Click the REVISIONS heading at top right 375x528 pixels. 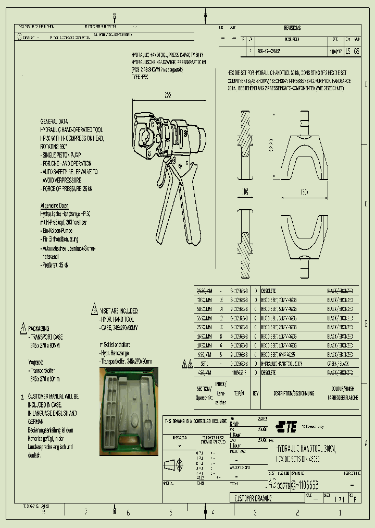tap(292, 28)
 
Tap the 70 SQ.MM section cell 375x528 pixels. tap(205, 300)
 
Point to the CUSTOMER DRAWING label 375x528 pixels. tap(253, 498)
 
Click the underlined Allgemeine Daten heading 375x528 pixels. tap(54, 206)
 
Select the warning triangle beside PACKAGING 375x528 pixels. tap(23, 329)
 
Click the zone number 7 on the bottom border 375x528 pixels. tap(86, 512)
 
